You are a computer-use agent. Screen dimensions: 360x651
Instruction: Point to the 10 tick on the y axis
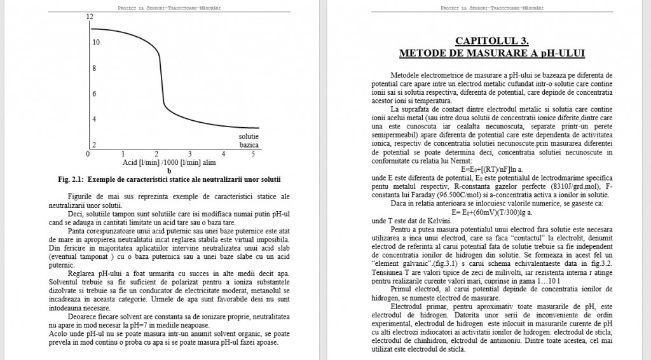click(x=95, y=43)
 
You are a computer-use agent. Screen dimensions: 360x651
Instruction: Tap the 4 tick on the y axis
click(x=95, y=119)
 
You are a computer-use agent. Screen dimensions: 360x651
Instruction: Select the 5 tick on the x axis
click(x=253, y=155)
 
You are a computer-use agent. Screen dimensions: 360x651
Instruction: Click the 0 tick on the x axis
click(x=88, y=155)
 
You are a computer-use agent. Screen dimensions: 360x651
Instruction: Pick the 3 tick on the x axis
click(x=189, y=155)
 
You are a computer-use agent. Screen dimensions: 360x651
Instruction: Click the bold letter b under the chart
click(x=168, y=170)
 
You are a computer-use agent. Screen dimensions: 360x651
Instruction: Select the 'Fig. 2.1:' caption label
click(x=72, y=179)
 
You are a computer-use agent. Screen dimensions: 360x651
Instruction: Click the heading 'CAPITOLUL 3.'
click(x=492, y=40)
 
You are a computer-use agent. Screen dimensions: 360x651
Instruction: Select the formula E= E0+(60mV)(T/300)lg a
click(x=492, y=212)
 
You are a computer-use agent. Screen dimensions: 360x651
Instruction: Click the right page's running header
click(x=492, y=8)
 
